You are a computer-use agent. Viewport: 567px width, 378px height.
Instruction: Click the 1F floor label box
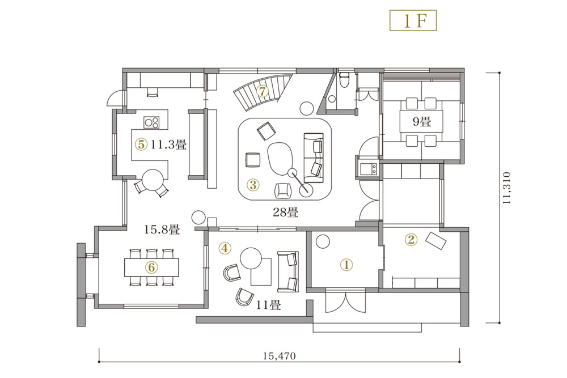[413, 20]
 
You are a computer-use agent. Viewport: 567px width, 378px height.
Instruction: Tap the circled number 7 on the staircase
[263, 91]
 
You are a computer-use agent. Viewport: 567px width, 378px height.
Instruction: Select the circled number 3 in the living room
[253, 185]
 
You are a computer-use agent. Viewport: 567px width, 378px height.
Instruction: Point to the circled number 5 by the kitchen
[141, 145]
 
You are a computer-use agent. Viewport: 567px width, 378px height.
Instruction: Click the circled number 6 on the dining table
[151, 267]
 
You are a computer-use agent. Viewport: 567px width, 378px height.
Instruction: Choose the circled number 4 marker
[225, 248]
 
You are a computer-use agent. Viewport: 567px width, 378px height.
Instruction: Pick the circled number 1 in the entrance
[346, 265]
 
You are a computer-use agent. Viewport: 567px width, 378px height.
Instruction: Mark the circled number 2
[411, 239]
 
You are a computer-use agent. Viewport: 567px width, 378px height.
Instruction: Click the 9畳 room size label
[422, 121]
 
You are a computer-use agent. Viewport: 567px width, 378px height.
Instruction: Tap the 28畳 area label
[286, 212]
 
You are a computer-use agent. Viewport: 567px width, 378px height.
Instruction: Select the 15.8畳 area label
[162, 229]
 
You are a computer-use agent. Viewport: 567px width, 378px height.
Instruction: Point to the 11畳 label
[268, 305]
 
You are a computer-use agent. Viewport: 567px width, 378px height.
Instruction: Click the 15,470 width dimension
[279, 356]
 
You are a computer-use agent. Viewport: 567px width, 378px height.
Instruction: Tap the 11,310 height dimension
[507, 188]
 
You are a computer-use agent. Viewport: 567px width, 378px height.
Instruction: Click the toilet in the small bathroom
[344, 79]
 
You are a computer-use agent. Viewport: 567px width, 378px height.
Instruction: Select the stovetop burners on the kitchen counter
[151, 122]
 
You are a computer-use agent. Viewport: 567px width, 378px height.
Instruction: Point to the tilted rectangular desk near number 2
[436, 240]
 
